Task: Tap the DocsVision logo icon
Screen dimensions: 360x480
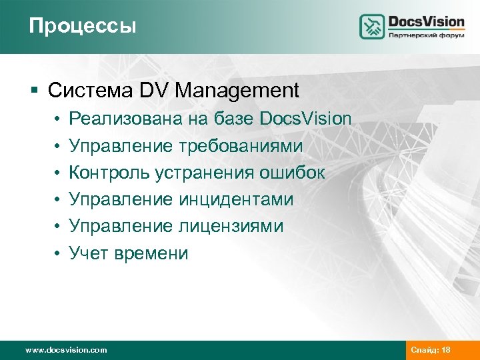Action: point(372,27)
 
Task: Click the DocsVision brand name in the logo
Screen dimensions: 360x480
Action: point(426,21)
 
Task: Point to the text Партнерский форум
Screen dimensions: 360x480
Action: point(426,37)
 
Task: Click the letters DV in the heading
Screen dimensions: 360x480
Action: point(155,89)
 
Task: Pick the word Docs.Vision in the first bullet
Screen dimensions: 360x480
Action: point(306,119)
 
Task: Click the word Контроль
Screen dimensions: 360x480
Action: point(109,173)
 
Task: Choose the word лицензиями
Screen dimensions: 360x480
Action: point(231,226)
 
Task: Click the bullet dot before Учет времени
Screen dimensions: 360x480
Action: point(58,254)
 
